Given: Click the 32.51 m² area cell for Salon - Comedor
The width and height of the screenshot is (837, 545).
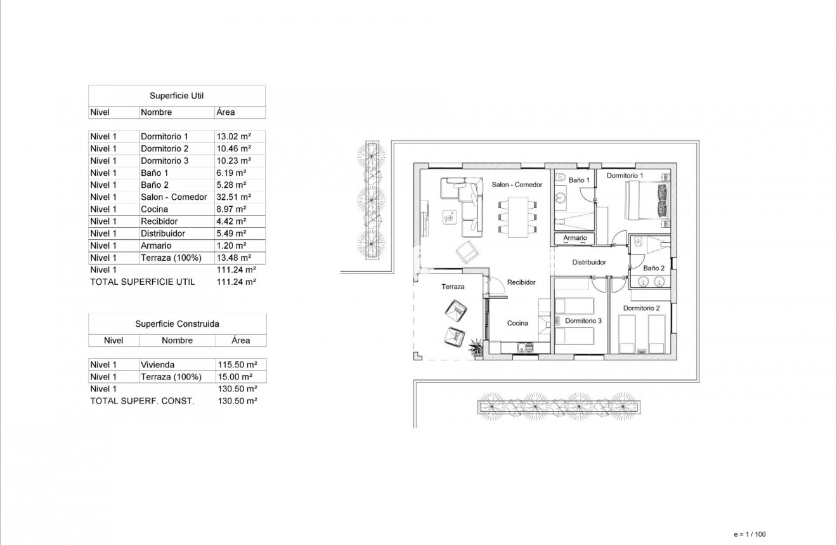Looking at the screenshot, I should click(234, 197).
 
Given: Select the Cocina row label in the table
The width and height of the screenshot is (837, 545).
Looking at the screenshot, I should click(154, 209).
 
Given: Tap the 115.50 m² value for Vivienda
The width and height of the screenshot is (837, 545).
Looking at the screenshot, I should click(237, 365).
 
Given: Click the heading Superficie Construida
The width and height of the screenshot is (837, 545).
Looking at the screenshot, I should click(177, 324).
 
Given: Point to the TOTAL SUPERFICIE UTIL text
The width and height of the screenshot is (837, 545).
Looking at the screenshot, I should click(143, 282).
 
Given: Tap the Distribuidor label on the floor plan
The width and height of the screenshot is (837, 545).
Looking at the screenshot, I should click(589, 262).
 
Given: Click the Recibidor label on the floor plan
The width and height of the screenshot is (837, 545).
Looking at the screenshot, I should click(521, 282).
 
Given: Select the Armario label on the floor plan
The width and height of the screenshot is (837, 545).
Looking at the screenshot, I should click(575, 239).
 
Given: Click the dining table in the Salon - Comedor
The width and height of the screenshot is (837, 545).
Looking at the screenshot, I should click(518, 216).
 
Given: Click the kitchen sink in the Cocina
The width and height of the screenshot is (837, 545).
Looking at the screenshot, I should click(524, 347).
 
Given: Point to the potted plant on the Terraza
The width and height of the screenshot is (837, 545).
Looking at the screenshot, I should click(474, 346).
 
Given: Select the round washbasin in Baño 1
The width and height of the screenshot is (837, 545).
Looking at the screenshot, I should click(561, 198).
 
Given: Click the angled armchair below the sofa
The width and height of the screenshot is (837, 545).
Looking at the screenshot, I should click(468, 253).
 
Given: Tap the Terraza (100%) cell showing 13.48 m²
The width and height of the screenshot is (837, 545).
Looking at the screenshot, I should click(234, 258).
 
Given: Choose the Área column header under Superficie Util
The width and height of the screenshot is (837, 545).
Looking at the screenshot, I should click(225, 112).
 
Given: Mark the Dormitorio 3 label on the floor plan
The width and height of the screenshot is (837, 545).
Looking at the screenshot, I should click(583, 321).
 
